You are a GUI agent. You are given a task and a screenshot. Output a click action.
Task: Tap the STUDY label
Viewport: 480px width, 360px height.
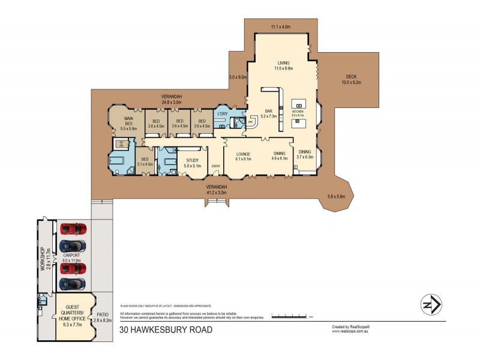coord(192,160)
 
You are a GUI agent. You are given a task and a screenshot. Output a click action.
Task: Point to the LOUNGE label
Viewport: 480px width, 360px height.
coord(242,154)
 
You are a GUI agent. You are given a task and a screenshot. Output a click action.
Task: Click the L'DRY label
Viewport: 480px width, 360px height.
coord(223,113)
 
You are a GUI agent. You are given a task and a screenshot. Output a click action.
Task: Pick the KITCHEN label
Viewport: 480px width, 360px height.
coord(298,112)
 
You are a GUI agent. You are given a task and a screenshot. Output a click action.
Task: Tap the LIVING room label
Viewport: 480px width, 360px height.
coord(284,62)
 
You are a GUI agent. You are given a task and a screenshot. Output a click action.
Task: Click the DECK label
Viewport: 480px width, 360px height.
coord(352,76)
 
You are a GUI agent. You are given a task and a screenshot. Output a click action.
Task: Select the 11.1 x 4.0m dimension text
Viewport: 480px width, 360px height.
coord(280,26)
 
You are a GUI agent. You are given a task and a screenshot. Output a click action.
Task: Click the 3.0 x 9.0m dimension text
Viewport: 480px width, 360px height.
coord(238,77)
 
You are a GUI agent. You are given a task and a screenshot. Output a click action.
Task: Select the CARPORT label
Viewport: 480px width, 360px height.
coord(71,255)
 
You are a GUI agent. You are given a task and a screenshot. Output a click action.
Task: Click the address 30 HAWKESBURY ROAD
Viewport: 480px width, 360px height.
coord(166,329)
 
